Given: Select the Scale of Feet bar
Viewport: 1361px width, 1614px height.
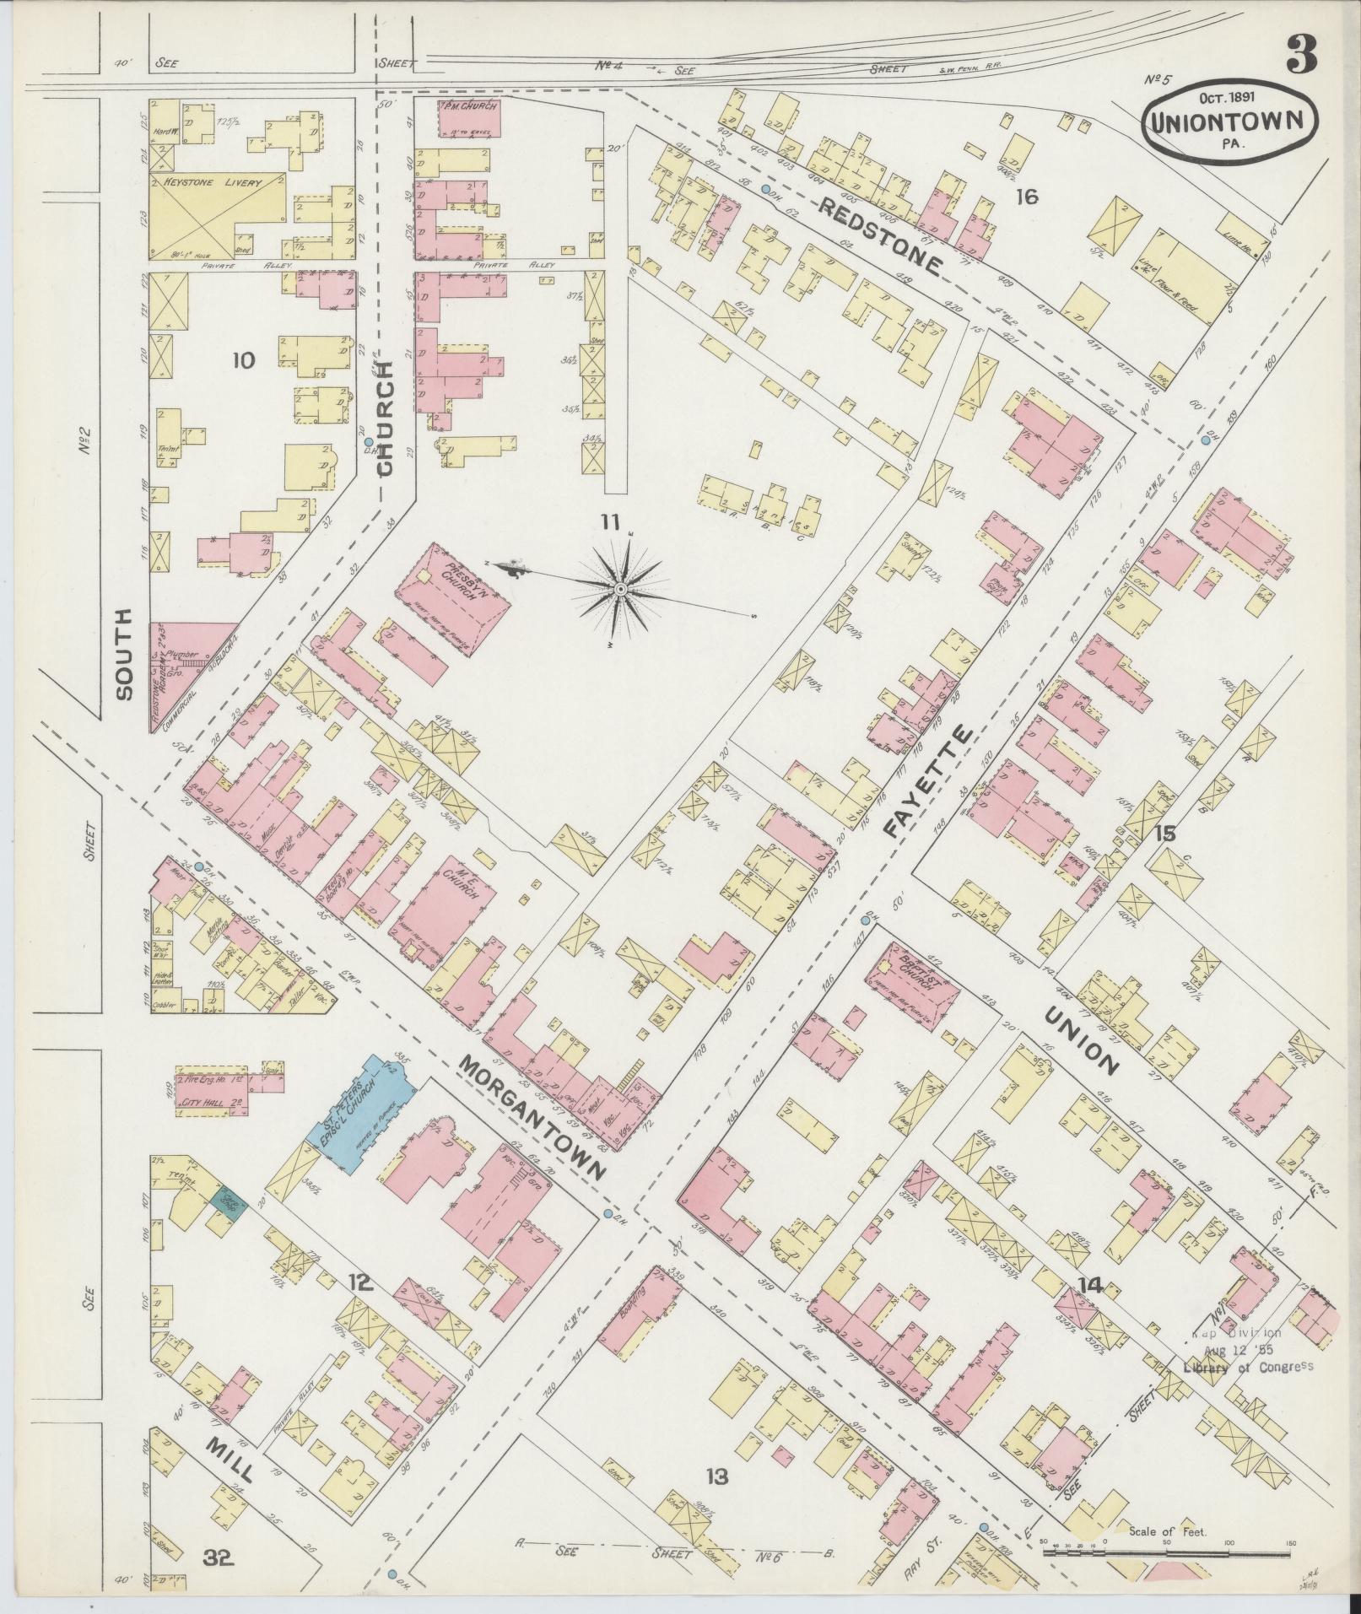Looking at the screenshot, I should [1169, 1525].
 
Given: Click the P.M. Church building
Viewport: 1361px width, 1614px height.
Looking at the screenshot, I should [469, 118].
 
